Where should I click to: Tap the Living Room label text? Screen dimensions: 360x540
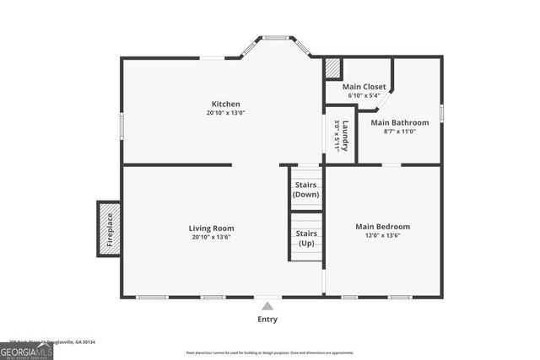click(211, 228)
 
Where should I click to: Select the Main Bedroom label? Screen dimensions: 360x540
click(382, 226)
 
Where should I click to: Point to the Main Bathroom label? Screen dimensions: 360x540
click(399, 122)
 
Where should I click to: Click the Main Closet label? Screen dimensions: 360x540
click(364, 86)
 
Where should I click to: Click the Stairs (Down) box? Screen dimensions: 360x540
click(305, 189)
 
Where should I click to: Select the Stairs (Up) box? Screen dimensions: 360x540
click(305, 238)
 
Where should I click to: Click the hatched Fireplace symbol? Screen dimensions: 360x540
click(108, 228)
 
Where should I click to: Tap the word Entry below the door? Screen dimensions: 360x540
click(267, 320)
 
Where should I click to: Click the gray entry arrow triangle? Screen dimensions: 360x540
click(267, 306)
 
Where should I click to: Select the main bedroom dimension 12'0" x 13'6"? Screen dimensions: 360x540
click(382, 237)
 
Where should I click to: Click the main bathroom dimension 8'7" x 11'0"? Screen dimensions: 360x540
click(399, 132)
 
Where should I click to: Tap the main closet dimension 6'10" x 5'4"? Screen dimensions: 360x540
click(364, 95)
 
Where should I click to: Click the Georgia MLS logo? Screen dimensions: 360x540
click(26, 351)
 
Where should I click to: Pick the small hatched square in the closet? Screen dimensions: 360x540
click(333, 67)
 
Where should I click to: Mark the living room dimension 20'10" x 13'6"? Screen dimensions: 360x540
click(211, 238)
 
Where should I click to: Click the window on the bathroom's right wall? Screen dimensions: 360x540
click(441, 112)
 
